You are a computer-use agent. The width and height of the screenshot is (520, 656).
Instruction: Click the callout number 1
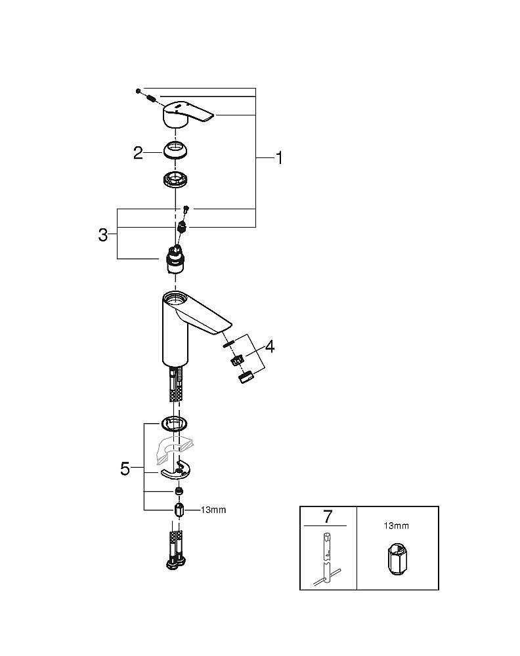pos(279,158)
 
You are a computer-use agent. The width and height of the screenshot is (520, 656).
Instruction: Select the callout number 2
pos(138,153)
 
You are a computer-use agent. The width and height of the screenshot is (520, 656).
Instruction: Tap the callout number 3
pos(103,235)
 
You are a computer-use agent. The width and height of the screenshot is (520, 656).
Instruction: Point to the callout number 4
pos(269,346)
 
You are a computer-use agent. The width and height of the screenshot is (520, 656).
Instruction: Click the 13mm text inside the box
pos(395,525)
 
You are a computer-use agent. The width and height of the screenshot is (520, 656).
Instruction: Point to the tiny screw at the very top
pos(139,89)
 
